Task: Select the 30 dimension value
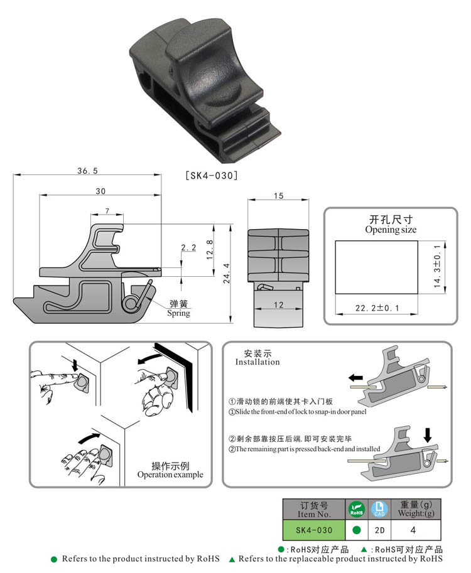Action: click(x=100, y=191)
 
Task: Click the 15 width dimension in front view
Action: click(x=279, y=196)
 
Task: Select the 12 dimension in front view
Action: click(x=279, y=305)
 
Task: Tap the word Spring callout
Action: click(x=178, y=313)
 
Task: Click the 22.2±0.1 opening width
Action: click(x=376, y=308)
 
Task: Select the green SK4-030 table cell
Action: click(x=314, y=530)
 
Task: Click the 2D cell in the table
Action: click(x=379, y=530)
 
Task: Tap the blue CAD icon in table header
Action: click(x=379, y=508)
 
